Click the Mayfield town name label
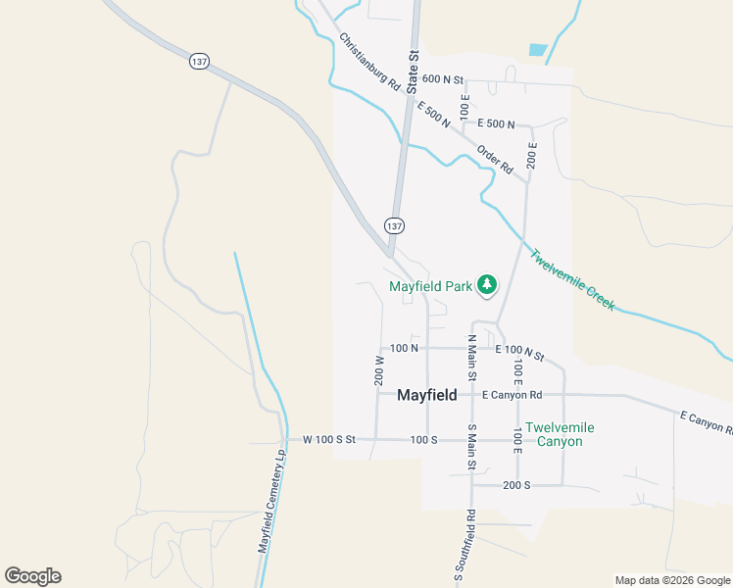coord(426,396)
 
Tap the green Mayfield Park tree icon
coord(486,285)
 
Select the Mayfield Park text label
coord(430,287)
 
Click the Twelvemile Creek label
coord(572,279)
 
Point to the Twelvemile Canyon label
coord(560,434)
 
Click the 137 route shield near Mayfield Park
coord(394,225)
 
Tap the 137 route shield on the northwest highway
coord(199,61)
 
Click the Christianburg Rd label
coord(370,64)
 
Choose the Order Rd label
coord(495,160)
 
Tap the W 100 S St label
coord(329,440)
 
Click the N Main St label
coord(471,358)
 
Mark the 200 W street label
coord(379,370)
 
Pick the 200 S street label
coord(516,485)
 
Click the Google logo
coord(32,576)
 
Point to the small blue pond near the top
coord(537,49)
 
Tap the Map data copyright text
coord(671,580)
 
